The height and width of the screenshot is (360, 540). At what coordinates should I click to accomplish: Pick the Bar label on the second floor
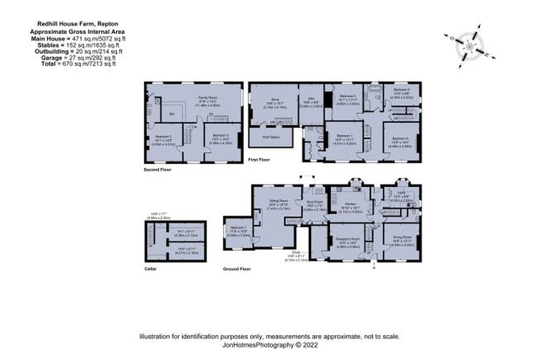click(x=172, y=114)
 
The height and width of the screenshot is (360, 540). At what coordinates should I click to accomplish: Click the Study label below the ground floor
click(x=292, y=253)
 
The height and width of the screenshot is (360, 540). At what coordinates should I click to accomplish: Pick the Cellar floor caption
click(x=151, y=268)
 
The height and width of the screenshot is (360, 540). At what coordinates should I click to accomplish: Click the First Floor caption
click(x=259, y=159)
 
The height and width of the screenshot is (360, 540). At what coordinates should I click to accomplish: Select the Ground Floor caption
click(x=237, y=268)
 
